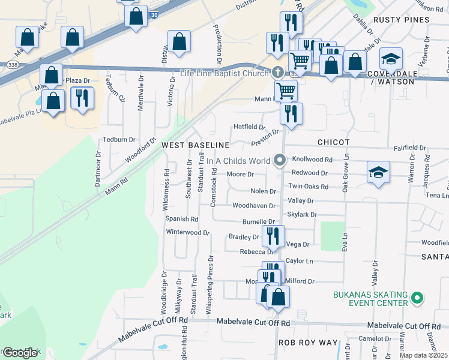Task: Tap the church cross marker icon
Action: (278, 73)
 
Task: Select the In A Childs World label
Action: (238, 161)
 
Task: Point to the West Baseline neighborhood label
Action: (195, 145)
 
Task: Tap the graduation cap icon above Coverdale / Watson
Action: (391, 58)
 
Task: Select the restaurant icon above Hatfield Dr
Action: (291, 113)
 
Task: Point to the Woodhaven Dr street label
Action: (253, 206)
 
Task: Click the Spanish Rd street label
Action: (181, 220)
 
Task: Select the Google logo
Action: (20, 353)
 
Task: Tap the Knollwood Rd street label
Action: (312, 160)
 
